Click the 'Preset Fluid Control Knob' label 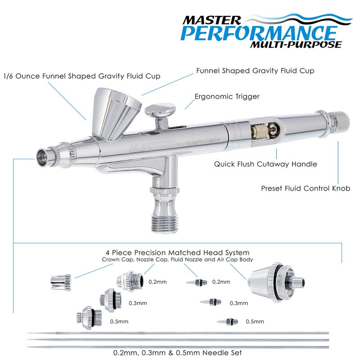pos(306,188)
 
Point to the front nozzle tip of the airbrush pos(41,156)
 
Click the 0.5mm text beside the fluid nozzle pos(255,322)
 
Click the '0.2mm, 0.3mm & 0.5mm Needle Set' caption pos(178,352)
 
